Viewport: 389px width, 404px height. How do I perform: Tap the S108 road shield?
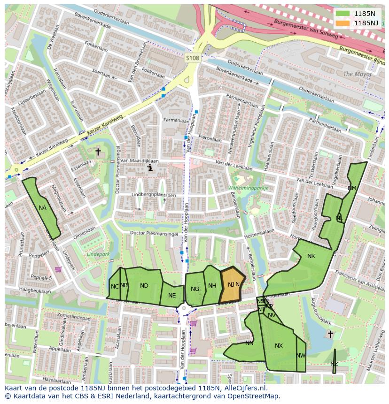pos(192,58)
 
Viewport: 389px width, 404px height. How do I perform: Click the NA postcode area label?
pos(43,208)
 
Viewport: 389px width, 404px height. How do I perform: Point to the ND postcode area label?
pos(144,286)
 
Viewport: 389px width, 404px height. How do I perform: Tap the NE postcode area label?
pos(172,296)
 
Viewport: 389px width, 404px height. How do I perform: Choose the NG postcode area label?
pos(195,289)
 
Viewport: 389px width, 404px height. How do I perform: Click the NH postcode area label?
pos(212,286)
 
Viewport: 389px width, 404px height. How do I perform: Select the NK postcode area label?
pos(311,256)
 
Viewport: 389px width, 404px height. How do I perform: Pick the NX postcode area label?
pos(279,346)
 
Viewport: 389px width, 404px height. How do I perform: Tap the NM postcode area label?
pos(352,188)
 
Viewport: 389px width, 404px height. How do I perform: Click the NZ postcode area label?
pos(334,364)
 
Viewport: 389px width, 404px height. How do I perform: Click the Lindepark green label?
pos(98,254)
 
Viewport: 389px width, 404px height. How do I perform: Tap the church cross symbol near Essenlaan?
pos(98,152)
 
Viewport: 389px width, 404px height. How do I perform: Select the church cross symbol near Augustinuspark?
pos(330,334)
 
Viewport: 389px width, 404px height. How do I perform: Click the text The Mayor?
pos(357,74)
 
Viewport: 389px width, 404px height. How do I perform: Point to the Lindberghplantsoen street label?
pos(147,195)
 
